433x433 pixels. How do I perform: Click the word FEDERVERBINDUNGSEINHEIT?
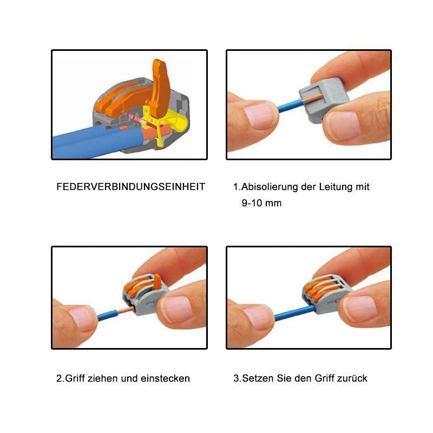coord(130,187)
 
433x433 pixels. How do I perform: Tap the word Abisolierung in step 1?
coord(268,187)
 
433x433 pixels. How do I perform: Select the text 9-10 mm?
coord(261,204)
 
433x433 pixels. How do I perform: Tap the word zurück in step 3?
coord(351,378)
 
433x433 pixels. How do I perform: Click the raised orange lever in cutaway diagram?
coord(160,87)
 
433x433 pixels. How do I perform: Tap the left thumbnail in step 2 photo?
coord(81,318)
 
